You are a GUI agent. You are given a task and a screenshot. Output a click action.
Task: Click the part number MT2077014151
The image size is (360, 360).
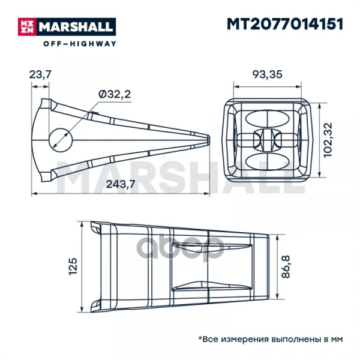[284, 24]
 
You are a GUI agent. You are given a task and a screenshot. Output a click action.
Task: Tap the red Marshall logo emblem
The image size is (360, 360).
[28, 26]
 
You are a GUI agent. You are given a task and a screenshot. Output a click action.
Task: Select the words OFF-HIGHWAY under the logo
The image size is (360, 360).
[80, 44]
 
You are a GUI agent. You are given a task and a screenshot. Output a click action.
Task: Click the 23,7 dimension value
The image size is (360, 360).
[40, 74]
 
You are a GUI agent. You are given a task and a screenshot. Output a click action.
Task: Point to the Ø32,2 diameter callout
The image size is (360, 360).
[115, 94]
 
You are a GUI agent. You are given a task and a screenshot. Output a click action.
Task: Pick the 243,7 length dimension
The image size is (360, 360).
[121, 184]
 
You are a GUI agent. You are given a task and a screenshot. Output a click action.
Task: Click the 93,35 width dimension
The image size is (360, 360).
[267, 74]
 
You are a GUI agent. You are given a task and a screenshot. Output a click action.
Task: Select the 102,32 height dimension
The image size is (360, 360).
[328, 140]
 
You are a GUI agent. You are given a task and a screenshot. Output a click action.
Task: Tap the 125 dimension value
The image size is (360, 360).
[73, 266]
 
